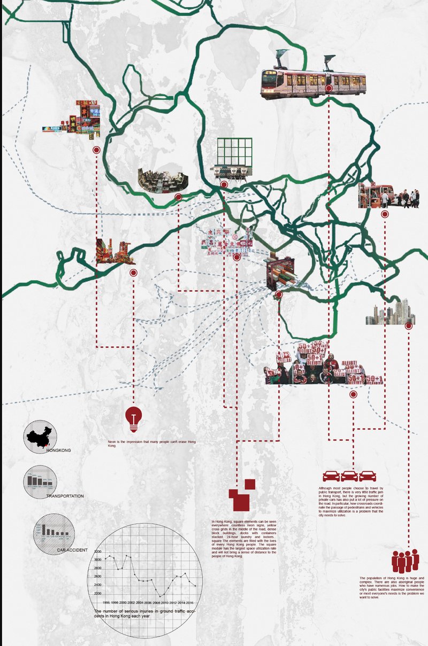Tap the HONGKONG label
click(59, 450)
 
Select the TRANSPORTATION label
click(65, 496)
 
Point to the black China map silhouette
click(41, 438)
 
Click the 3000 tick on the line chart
click(98, 559)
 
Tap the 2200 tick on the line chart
click(98, 593)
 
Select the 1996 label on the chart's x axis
click(106, 602)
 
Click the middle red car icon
click(349, 476)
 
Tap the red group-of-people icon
click(405, 561)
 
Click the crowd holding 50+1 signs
click(324, 364)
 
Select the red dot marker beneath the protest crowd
click(353, 395)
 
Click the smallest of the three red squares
click(250, 484)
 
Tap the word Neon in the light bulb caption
click(112, 442)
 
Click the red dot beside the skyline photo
click(408, 325)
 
